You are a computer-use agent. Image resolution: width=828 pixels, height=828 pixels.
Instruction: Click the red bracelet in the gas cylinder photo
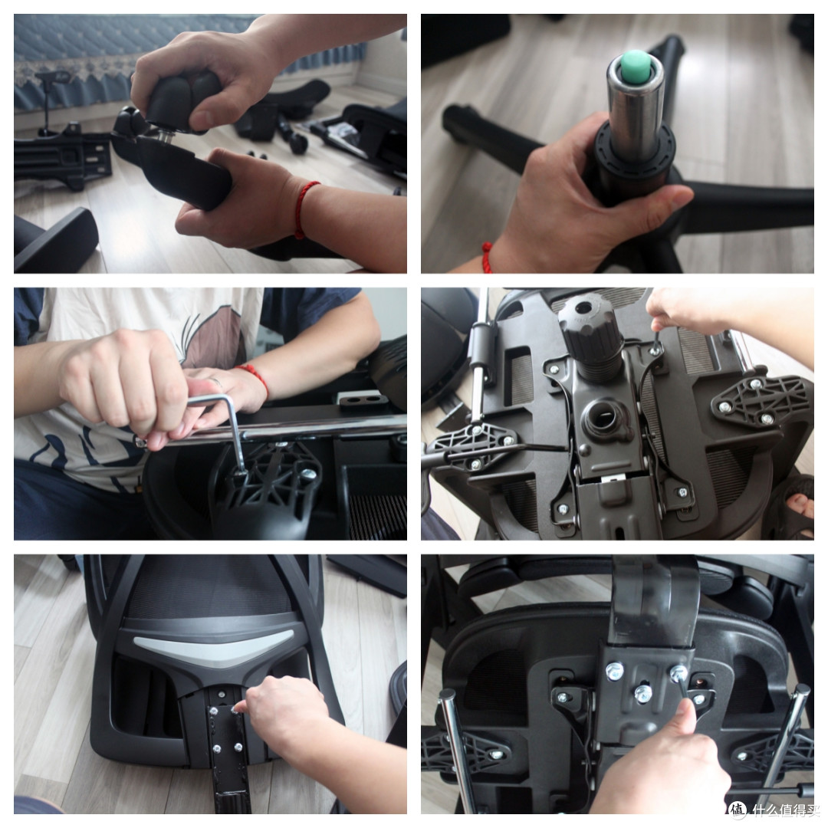point(487,258)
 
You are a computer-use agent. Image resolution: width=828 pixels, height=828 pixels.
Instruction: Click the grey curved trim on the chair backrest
point(212,649)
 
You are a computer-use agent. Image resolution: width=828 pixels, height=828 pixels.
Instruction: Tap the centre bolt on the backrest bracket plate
point(642,693)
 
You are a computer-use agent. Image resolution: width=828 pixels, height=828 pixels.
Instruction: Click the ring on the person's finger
point(216,382)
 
